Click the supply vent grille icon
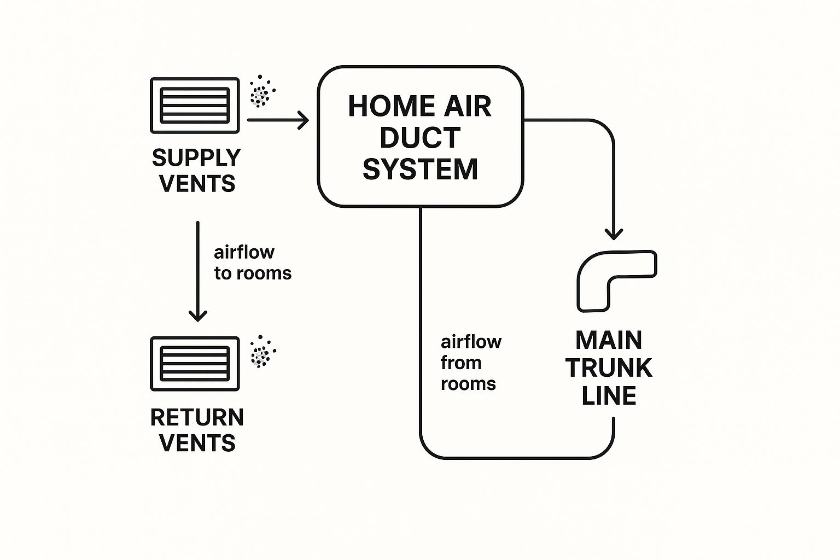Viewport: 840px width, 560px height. [195, 105]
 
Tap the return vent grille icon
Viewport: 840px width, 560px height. [195, 364]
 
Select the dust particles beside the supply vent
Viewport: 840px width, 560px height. [261, 91]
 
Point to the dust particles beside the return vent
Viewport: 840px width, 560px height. [262, 351]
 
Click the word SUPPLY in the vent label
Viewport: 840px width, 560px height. [196, 158]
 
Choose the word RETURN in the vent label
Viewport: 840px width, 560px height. [197, 418]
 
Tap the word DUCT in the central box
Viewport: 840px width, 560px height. [420, 138]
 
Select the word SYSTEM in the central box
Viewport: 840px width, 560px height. [420, 169]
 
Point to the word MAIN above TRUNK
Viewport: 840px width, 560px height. [609, 341]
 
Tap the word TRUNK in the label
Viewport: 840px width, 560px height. [609, 368]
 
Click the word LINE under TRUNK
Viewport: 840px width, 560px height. [609, 396]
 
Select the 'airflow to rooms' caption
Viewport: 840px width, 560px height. [252, 262]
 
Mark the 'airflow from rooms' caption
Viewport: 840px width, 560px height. [470, 363]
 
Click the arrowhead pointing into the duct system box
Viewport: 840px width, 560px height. [303, 120]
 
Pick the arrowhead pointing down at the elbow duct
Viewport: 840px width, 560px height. [614, 234]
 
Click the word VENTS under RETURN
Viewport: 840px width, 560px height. [197, 443]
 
